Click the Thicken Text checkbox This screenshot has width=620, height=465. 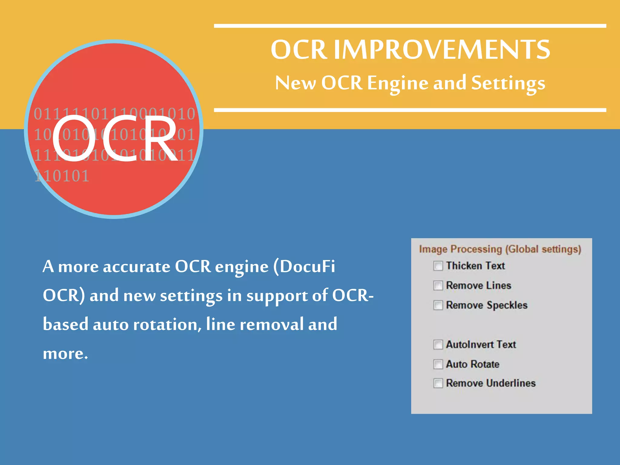pyautogui.click(x=438, y=266)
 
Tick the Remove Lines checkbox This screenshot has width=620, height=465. pyautogui.click(x=438, y=285)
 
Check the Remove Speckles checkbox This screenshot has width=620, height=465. pyautogui.click(x=438, y=305)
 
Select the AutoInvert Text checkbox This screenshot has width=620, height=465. pyautogui.click(x=438, y=345)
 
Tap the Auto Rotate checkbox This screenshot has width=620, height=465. pyautogui.click(x=438, y=364)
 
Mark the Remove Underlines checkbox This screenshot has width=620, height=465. pyautogui.click(x=438, y=383)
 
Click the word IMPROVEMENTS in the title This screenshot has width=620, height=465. pyautogui.click(x=442, y=49)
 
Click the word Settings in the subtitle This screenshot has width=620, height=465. pyautogui.click(x=508, y=83)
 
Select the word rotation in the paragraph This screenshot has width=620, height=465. pyautogui.click(x=166, y=325)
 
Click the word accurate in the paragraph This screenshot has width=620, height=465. pyautogui.click(x=137, y=267)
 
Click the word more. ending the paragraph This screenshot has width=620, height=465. pyautogui.click(x=65, y=353)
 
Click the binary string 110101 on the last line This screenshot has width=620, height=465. pyautogui.click(x=62, y=176)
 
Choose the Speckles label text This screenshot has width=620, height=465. pyautogui.click(x=507, y=305)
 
